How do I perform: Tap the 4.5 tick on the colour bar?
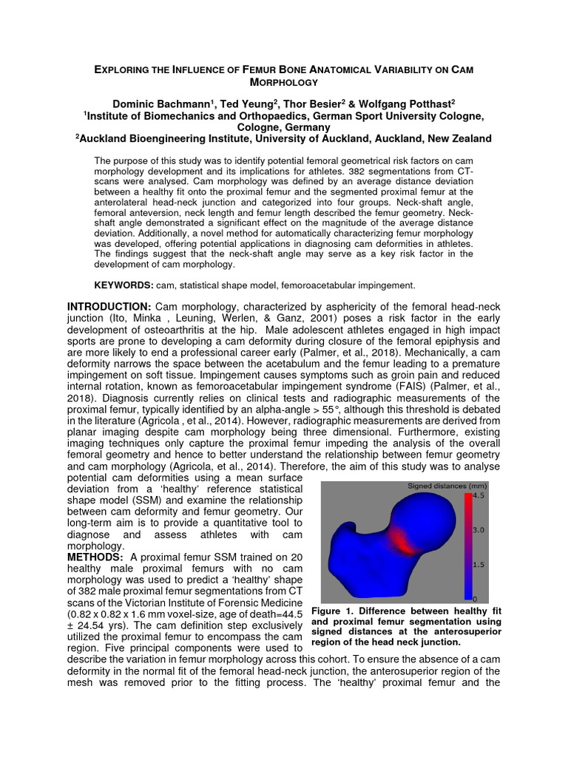tap(479, 496)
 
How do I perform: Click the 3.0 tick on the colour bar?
tap(479, 530)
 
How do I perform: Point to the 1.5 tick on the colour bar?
tap(479, 564)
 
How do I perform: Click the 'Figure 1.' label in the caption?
tap(335, 611)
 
